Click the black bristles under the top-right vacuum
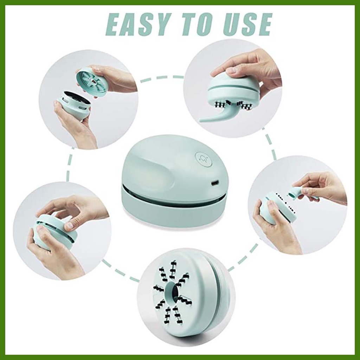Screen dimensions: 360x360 (x=232, y=104)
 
